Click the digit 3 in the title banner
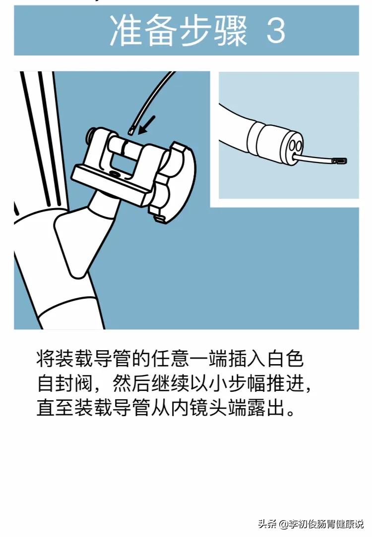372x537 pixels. click(x=276, y=31)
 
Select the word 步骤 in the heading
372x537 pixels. click(x=213, y=31)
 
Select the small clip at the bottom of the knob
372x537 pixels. click(x=159, y=217)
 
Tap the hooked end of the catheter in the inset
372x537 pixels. click(x=341, y=161)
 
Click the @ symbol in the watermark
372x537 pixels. click(x=283, y=524)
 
